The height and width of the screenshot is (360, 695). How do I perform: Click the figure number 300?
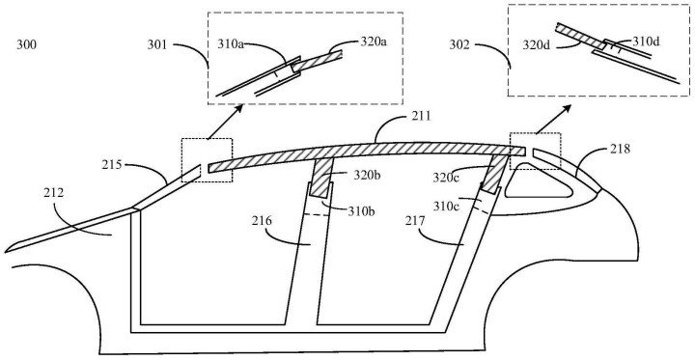pos(27,44)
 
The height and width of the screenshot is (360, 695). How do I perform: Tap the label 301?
pos(157,44)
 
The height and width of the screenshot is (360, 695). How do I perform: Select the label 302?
pos(459,44)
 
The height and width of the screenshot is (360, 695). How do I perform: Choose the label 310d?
pos(646,42)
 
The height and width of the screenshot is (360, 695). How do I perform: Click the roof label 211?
pos(421,116)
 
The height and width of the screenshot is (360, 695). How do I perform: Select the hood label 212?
pos(54,192)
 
